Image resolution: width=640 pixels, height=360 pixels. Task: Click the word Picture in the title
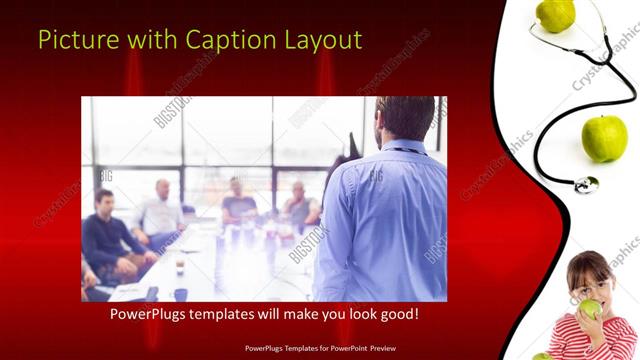point(71,40)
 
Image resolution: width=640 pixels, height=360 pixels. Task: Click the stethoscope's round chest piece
point(586,185)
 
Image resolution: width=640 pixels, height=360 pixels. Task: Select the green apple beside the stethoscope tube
point(603,137)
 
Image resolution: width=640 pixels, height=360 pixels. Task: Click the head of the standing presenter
point(406,119)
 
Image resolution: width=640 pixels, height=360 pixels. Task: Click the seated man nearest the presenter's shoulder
point(300,205)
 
